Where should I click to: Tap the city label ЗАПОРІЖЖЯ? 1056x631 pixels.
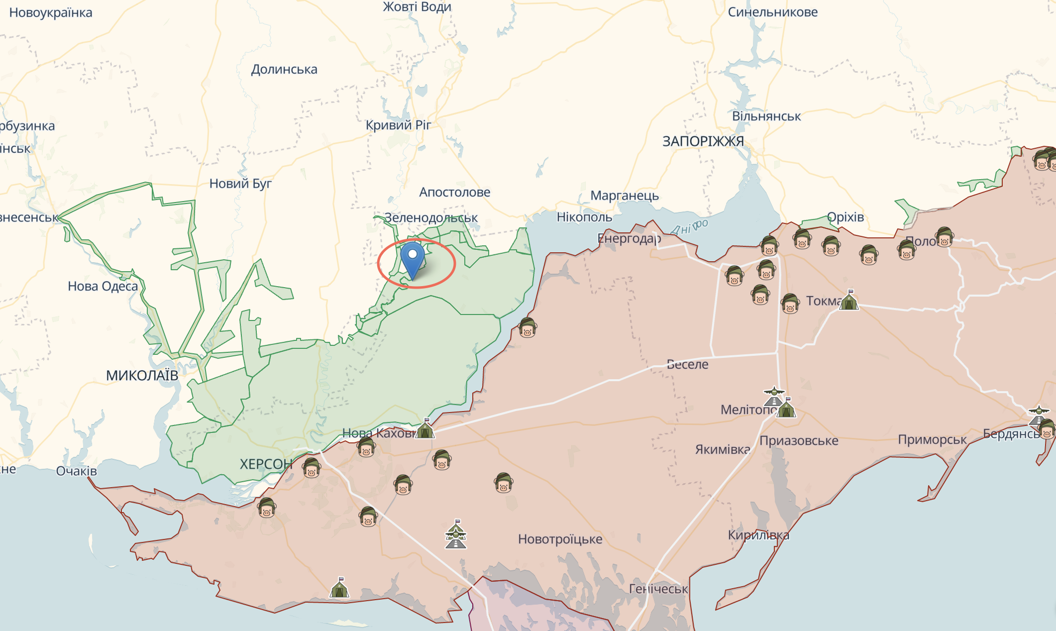coord(703,141)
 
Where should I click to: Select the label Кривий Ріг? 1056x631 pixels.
coord(398,125)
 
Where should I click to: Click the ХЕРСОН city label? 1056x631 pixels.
coord(266,464)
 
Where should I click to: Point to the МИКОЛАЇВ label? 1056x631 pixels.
coord(142,375)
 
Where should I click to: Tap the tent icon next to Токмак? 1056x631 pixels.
coord(849,300)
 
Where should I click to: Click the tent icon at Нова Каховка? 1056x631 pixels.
coord(425,428)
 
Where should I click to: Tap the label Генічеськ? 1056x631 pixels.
coord(658,589)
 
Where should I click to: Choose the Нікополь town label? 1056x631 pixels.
coord(584,217)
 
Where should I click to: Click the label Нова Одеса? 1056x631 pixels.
coord(103,286)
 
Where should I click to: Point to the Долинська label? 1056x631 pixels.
coord(284,69)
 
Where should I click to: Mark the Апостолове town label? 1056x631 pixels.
coord(454,192)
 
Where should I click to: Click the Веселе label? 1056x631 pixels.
coord(687,364)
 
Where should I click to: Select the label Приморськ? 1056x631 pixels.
coord(932,439)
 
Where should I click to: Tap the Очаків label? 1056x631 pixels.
coord(76,471)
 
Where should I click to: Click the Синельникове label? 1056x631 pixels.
coord(772,12)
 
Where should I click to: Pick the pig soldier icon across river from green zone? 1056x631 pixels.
coord(527,328)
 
